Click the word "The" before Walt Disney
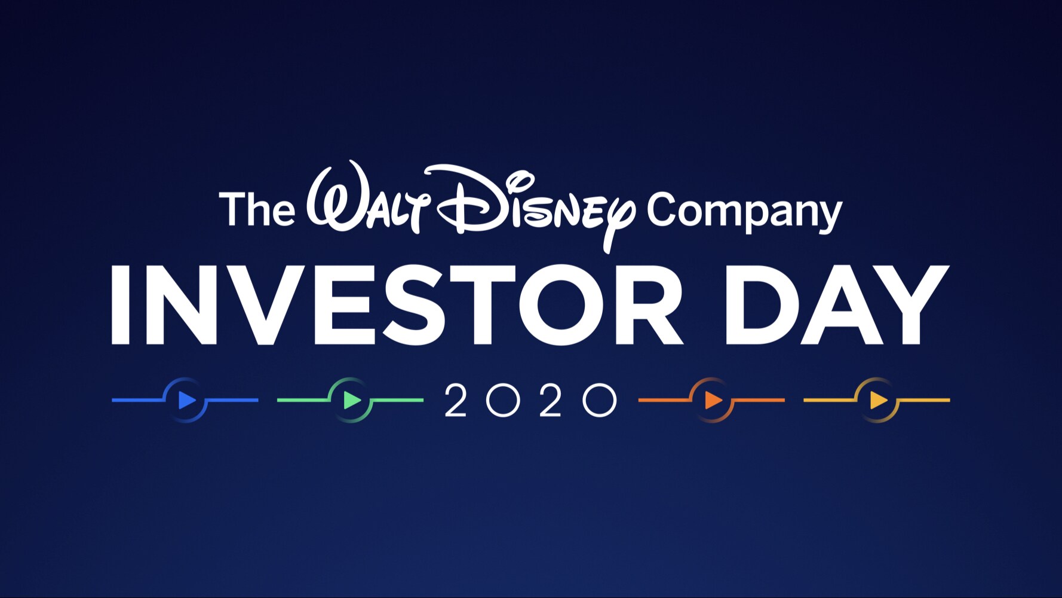pos(257,209)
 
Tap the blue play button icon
pos(186,400)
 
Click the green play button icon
pos(352,400)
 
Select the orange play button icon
pos(713,400)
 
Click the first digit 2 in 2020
pos(456,400)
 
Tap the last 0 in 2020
pos(599,400)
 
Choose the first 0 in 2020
pos(503,400)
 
